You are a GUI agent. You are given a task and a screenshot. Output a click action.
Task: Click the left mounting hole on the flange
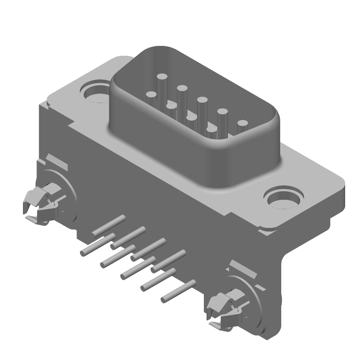point(95,91)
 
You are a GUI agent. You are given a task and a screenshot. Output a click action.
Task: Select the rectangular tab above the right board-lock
point(243,269)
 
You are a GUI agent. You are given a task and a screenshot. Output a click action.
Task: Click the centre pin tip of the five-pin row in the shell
point(202,99)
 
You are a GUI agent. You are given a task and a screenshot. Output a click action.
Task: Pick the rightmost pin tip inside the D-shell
point(243,123)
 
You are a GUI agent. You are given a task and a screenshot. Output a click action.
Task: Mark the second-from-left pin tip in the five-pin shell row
point(182,88)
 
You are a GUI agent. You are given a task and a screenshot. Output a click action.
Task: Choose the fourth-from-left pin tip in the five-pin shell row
point(222,111)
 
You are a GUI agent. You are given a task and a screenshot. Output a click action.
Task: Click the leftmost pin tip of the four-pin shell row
point(151,95)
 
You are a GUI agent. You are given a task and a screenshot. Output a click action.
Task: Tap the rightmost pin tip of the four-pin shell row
point(211,130)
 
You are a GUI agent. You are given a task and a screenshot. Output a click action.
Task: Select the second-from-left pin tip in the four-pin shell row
point(171,107)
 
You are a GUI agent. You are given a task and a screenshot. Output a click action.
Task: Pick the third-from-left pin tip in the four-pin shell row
point(191,118)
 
